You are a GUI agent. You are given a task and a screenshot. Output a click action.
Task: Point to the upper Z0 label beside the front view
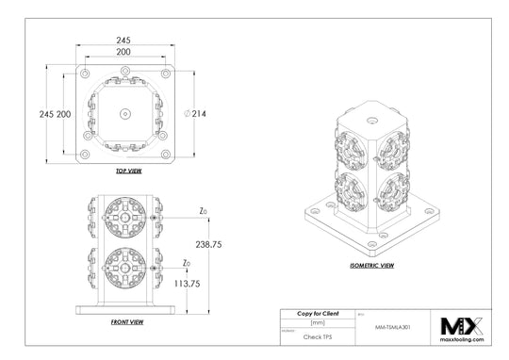pyautogui.click(x=203, y=211)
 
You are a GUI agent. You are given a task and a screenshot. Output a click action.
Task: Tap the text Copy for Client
pyautogui.click(x=318, y=313)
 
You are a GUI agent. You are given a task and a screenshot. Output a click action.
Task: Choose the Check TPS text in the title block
pyautogui.click(x=318, y=335)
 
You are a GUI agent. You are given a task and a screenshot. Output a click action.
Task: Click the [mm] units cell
pyautogui.click(x=318, y=323)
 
